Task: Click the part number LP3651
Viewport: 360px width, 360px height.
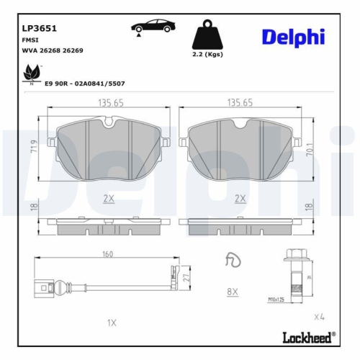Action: (40, 29)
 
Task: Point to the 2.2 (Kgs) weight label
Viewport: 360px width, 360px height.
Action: (209, 55)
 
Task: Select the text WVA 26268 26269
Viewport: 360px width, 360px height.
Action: (53, 51)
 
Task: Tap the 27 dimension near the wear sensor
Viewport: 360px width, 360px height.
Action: (185, 276)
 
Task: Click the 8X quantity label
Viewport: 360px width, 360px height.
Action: (232, 292)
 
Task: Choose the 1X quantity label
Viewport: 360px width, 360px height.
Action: (111, 322)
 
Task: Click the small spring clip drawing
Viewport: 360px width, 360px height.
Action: (231, 260)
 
